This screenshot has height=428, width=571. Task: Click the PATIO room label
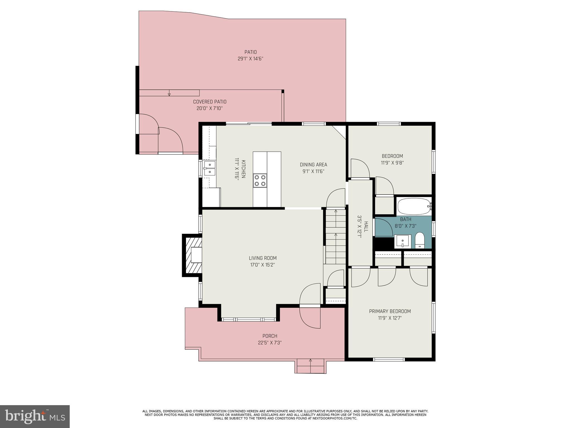250,52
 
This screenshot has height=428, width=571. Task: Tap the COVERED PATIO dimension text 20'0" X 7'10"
210,108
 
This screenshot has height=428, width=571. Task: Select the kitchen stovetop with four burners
260,180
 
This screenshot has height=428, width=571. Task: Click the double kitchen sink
209,168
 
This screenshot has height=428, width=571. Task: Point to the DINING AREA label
313,165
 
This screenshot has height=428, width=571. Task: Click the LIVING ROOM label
263,258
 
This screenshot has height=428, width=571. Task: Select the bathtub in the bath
413,206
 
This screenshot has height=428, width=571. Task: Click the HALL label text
366,226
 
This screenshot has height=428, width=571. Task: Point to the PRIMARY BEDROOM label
390,311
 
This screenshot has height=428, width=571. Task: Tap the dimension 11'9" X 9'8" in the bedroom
392,163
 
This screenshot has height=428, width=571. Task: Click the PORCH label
270,336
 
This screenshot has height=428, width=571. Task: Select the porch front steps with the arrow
310,366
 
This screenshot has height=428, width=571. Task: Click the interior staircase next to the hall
336,237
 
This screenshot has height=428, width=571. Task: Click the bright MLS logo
35,416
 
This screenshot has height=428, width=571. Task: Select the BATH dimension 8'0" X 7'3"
405,226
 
